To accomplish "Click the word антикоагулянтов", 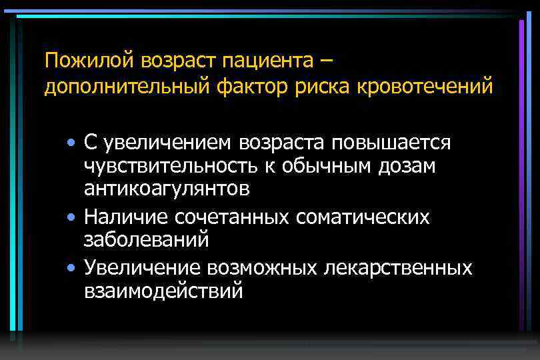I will point(167,189).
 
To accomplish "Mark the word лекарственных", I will point(398,268).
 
